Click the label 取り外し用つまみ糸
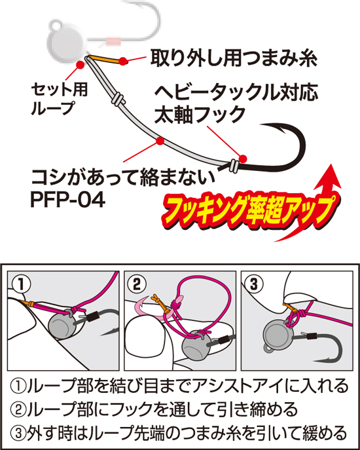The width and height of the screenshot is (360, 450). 234,59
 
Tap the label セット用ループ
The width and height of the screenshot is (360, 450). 60,99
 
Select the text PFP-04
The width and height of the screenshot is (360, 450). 67,200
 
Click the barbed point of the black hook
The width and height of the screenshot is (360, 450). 262,125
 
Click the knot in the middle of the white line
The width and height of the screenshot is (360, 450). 118,98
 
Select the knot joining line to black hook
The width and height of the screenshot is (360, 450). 233,166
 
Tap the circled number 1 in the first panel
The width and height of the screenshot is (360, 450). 21,284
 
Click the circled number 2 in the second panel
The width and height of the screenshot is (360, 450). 137,284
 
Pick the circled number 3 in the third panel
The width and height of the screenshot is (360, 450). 254,284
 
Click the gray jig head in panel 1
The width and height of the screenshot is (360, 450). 62,325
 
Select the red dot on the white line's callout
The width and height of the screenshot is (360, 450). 160,141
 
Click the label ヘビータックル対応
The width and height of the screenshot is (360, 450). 236,92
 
